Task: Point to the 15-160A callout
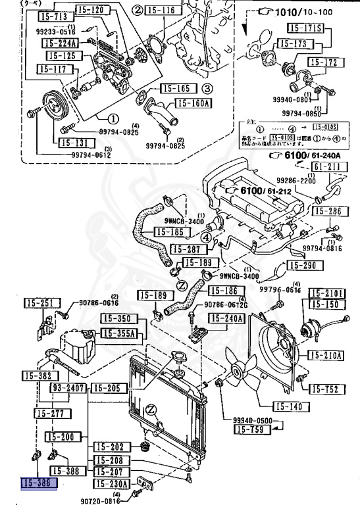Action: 192,103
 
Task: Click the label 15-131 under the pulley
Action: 72,142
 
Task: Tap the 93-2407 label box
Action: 69,389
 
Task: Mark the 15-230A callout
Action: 111,484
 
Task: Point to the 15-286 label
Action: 326,212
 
